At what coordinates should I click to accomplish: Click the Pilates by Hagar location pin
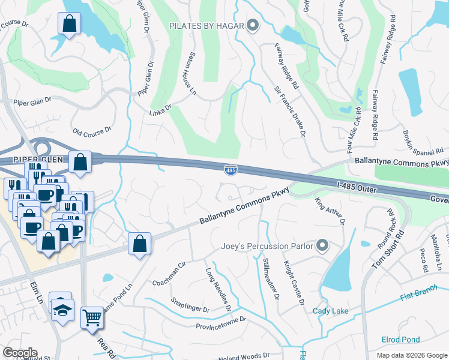pyautogui.click(x=253, y=25)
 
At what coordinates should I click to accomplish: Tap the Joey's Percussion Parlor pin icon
pyautogui.click(x=322, y=245)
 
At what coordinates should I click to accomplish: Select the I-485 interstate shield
pyautogui.click(x=230, y=170)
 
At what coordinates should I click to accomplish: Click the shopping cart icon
pyautogui.click(x=92, y=316)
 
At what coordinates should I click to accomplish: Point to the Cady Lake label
pyautogui.click(x=330, y=311)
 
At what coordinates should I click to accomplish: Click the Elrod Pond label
pyautogui.click(x=400, y=340)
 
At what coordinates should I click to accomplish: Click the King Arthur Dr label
pyautogui.click(x=330, y=211)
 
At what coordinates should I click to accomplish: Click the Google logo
pyautogui.click(x=19, y=353)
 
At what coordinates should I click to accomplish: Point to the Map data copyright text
pyautogui.click(x=411, y=355)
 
